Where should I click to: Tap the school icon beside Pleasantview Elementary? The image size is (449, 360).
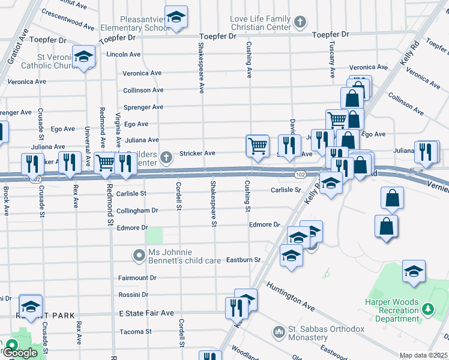point(176,18)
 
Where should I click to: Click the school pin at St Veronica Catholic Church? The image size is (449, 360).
point(83,58)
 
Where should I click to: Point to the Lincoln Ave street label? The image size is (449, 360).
point(123,54)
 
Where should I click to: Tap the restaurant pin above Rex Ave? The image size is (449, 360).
point(70,162)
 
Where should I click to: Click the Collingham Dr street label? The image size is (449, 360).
point(137,211)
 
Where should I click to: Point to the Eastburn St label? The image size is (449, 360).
point(243,260)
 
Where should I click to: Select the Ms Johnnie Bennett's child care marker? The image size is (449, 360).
point(139,256)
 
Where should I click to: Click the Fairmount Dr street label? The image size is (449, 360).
point(137,278)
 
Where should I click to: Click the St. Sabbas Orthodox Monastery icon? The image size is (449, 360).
point(278,331)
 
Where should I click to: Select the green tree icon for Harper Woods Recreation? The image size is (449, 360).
point(428,309)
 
